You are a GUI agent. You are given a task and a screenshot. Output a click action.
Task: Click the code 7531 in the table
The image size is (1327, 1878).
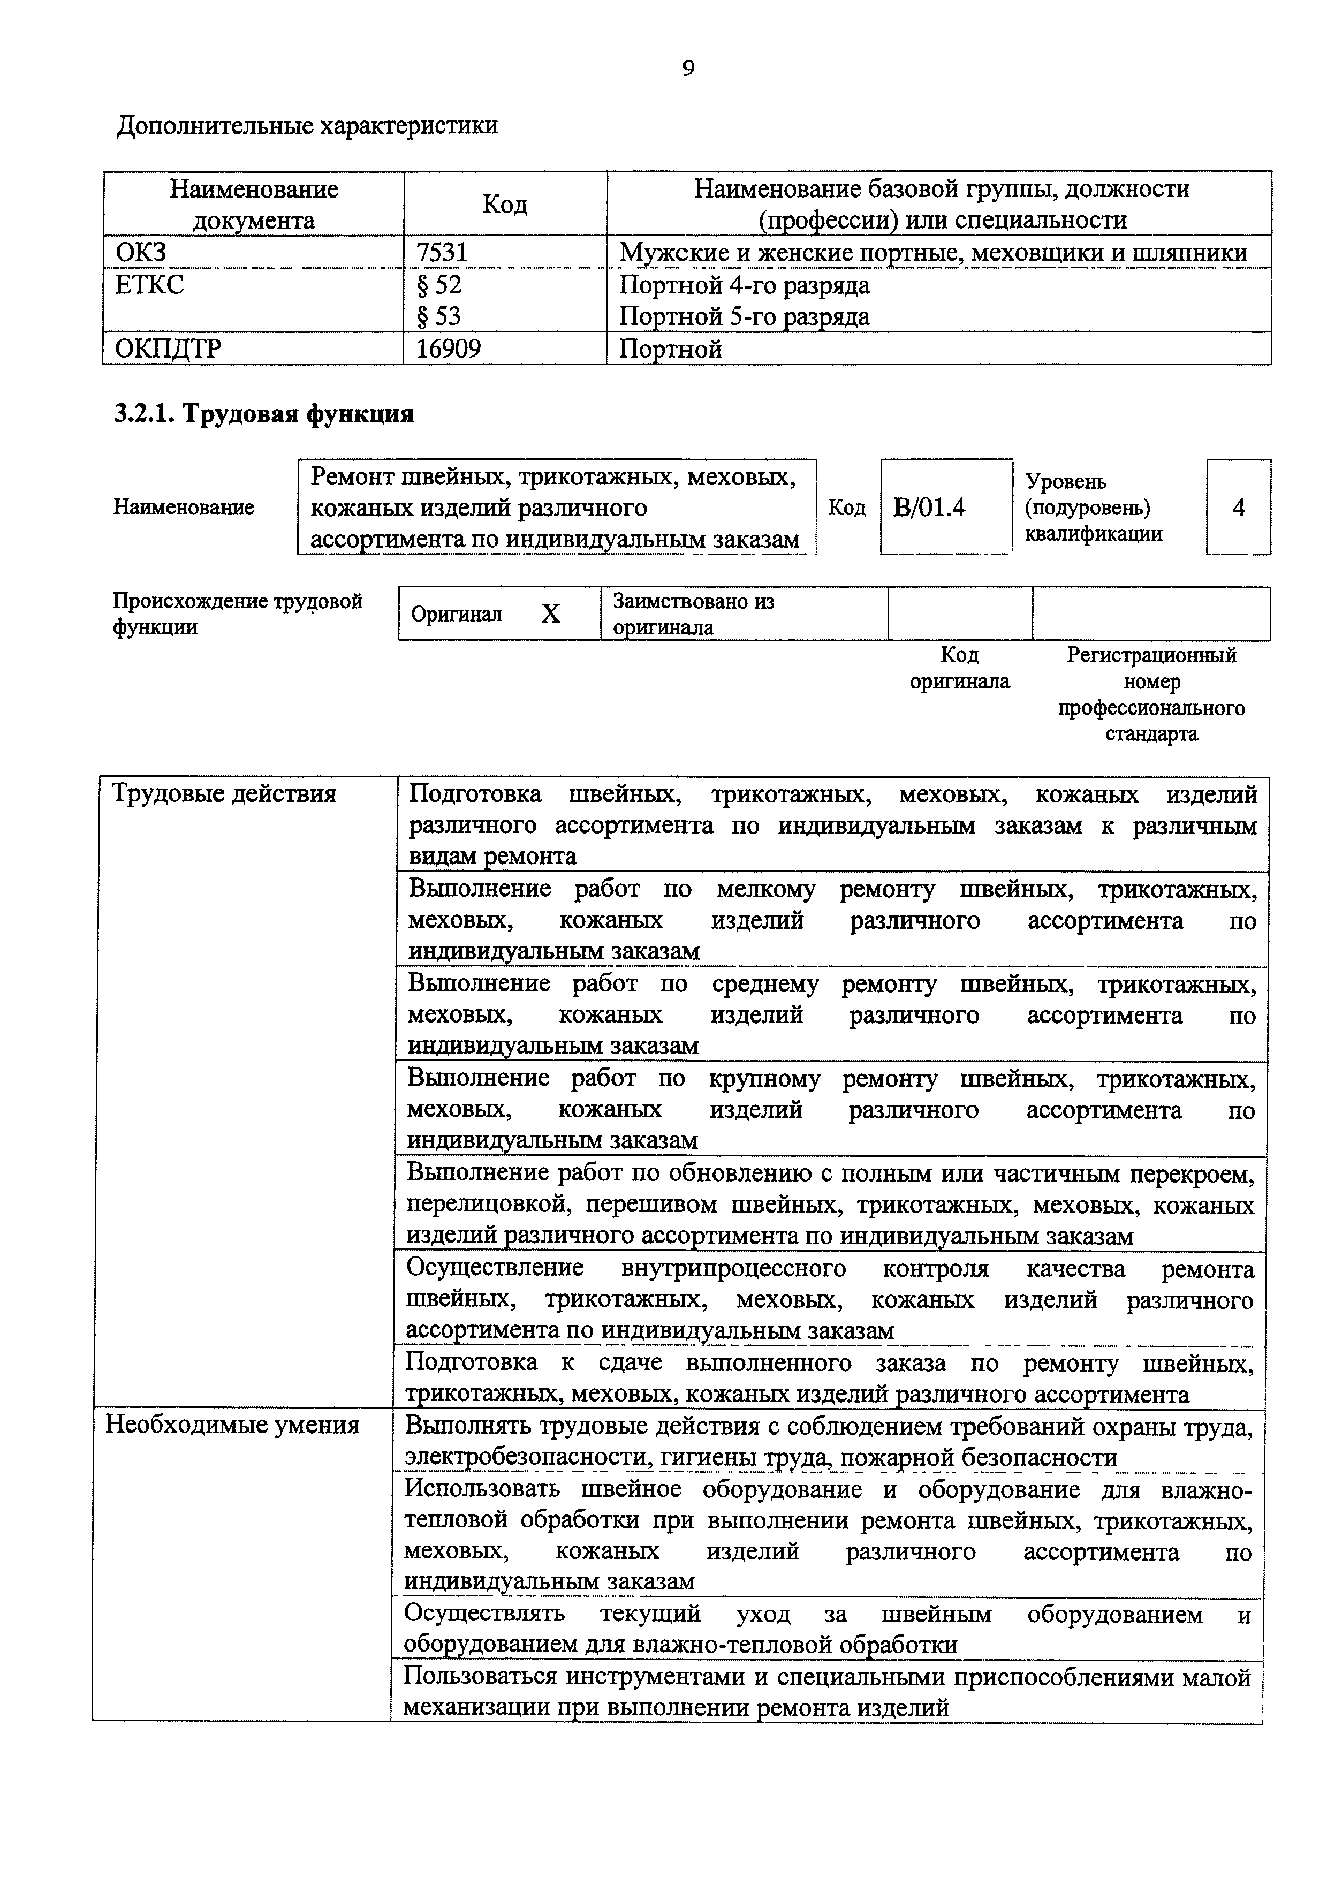pos(442,253)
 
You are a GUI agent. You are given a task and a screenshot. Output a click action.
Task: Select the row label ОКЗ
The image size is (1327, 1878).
pos(141,253)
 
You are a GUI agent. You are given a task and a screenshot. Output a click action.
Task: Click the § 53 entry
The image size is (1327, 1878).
pos(439,316)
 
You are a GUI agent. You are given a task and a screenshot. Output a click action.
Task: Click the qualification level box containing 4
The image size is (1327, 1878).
pos(1238,508)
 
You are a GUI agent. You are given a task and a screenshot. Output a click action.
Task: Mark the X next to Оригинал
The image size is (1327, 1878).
pos(550,614)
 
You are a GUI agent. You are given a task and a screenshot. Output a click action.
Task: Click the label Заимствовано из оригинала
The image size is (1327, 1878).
pos(693,614)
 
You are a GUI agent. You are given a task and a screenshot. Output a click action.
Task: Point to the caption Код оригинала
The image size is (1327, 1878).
pos(959,668)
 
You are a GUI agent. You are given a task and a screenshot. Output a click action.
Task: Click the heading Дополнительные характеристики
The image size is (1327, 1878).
pos(307,126)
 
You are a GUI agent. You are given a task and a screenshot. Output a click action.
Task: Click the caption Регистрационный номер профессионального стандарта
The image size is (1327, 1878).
pos(1151,694)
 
